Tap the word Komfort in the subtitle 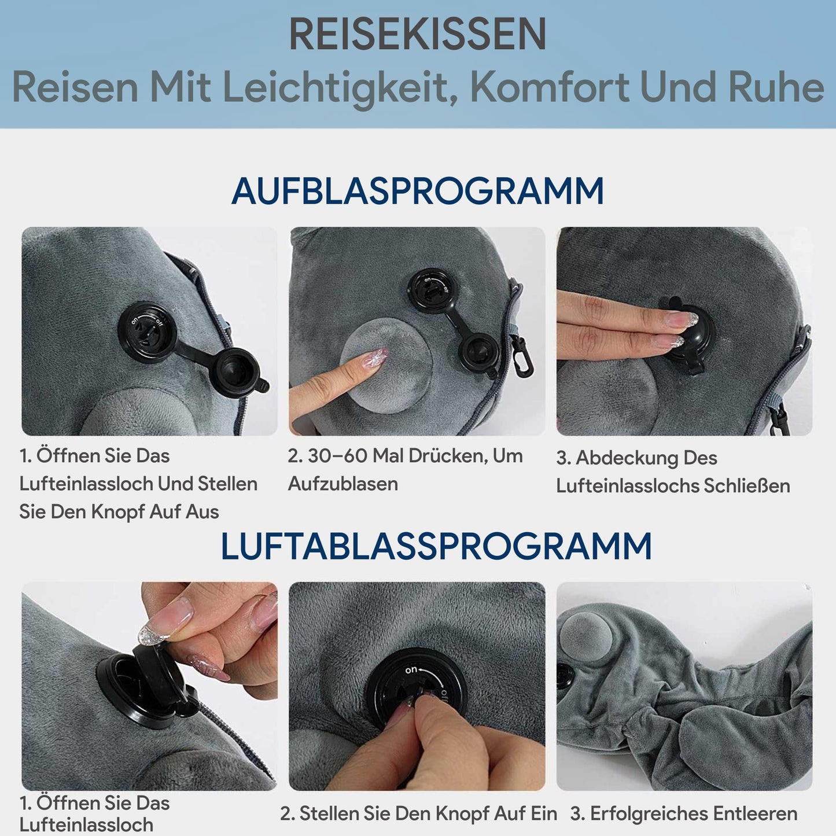(x=548, y=87)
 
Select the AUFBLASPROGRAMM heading (x=417, y=191)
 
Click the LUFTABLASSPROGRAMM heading (x=436, y=546)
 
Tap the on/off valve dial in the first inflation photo (x=148, y=332)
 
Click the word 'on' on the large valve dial (x=411, y=670)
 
